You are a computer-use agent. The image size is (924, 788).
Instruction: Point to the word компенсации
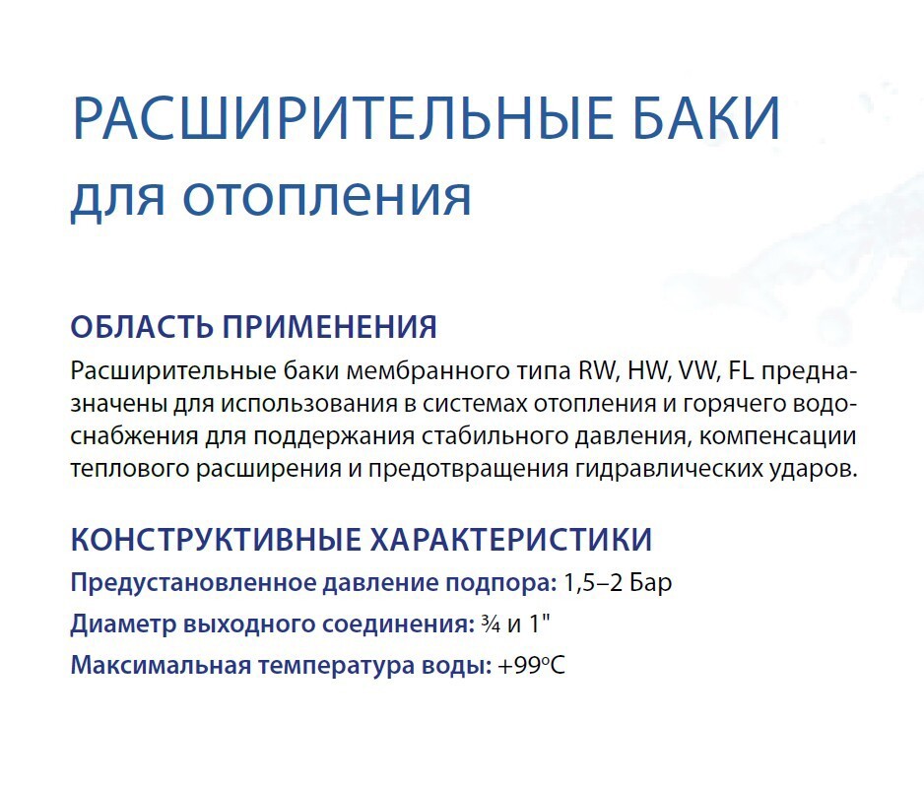[780, 436]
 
